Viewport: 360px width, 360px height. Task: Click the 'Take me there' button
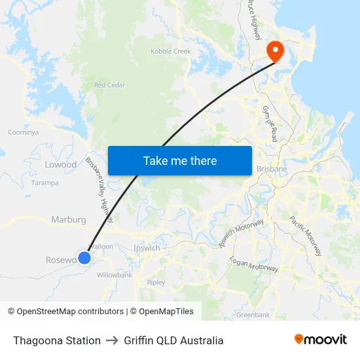pyautogui.click(x=180, y=160)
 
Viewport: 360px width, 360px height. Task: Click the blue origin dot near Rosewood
pyautogui.click(x=84, y=258)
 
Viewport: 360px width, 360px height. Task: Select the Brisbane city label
pyautogui.click(x=272, y=169)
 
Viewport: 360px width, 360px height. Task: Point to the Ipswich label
pyautogui.click(x=147, y=248)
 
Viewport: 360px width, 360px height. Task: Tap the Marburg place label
pyautogui.click(x=69, y=220)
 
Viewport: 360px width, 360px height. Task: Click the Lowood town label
pyautogui.click(x=61, y=165)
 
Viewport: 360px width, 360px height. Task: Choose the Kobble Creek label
pyautogui.click(x=171, y=51)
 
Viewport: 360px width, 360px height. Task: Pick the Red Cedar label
pyautogui.click(x=109, y=85)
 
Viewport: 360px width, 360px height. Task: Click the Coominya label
pyautogui.click(x=23, y=132)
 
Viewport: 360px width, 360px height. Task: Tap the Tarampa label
pyautogui.click(x=45, y=183)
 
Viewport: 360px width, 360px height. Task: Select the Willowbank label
pyautogui.click(x=115, y=275)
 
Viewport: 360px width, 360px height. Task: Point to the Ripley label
pyautogui.click(x=156, y=283)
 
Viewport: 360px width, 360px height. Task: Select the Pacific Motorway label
pyautogui.click(x=306, y=235)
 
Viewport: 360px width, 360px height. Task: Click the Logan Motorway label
pyautogui.click(x=255, y=264)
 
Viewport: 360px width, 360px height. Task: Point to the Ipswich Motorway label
pyautogui.click(x=242, y=234)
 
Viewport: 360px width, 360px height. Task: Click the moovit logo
pyautogui.click(x=321, y=339)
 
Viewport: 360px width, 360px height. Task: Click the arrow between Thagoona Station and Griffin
pyautogui.click(x=112, y=340)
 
